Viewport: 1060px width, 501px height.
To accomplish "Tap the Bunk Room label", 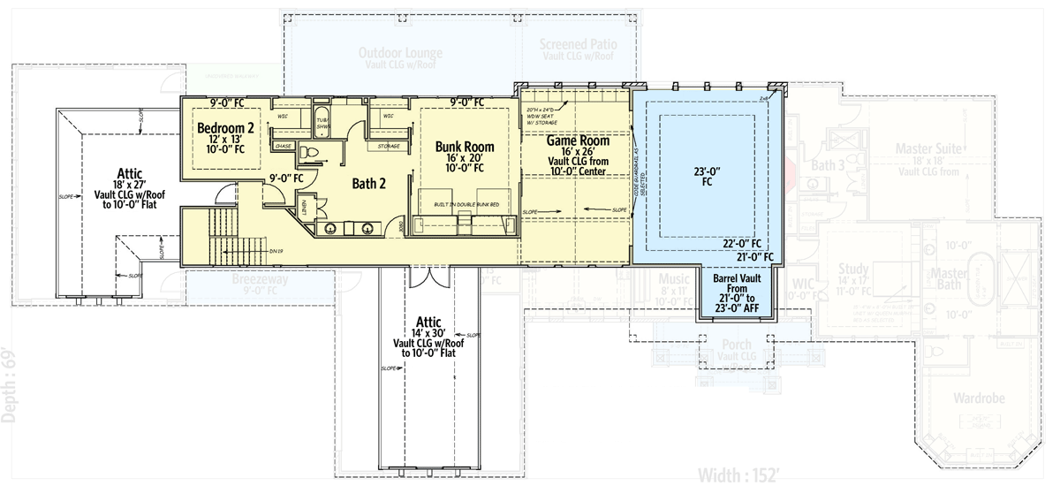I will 465,147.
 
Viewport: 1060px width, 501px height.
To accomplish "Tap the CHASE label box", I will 284,146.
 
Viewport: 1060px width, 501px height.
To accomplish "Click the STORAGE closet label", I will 389,146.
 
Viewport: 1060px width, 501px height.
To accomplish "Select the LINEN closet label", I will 303,207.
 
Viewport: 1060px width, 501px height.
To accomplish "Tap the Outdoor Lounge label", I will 400,53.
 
